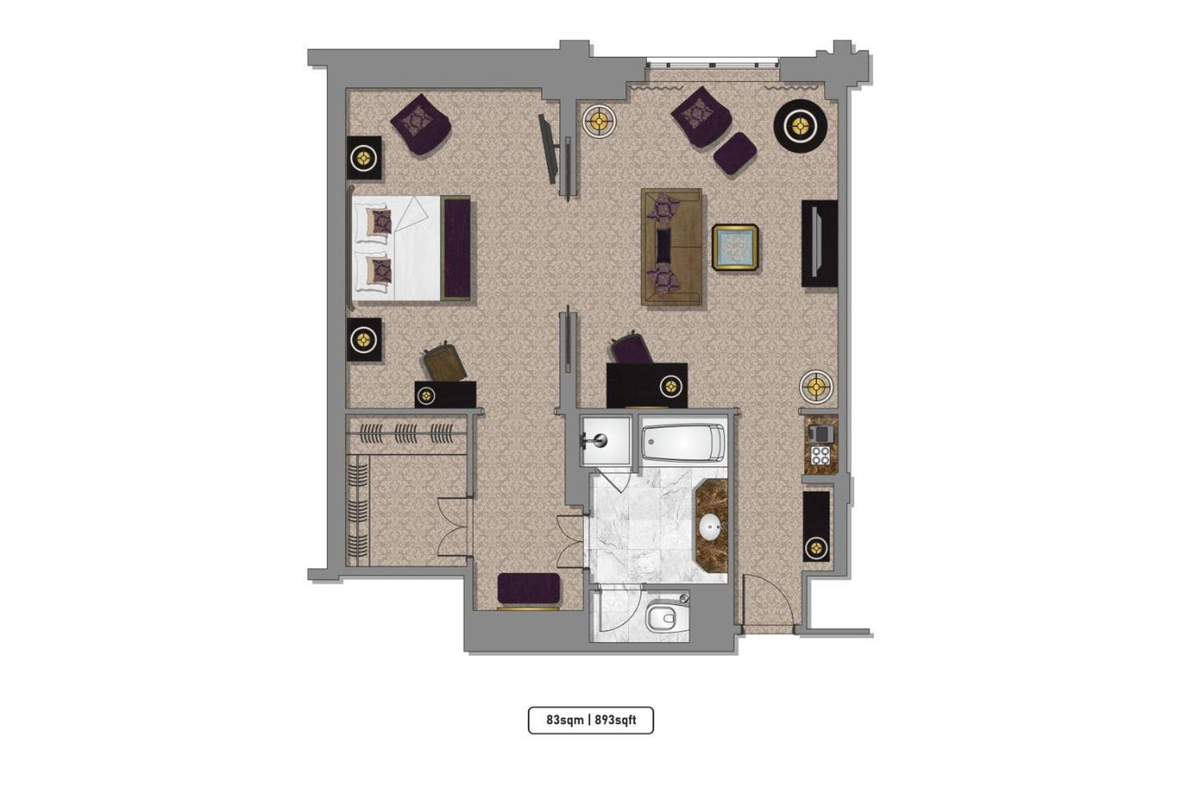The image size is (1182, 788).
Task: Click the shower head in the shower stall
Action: click(x=599, y=441)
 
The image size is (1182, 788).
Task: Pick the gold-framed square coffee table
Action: click(x=735, y=247)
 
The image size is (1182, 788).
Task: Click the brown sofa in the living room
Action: click(x=671, y=247)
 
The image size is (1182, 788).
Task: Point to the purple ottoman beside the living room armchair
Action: click(x=735, y=153)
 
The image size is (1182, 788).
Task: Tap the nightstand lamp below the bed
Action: click(x=364, y=340)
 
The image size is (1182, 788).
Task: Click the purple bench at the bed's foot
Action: click(x=456, y=248)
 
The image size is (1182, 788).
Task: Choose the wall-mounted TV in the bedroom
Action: click(x=548, y=148)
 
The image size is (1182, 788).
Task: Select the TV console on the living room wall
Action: click(x=819, y=243)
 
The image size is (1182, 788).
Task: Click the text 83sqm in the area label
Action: click(x=564, y=720)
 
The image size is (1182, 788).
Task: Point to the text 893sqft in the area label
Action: click(x=616, y=720)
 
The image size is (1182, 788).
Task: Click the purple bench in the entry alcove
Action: click(x=529, y=588)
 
